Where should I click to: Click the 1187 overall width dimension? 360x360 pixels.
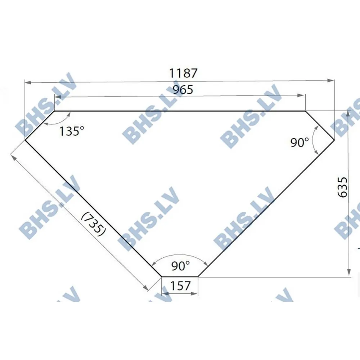(x=184, y=73)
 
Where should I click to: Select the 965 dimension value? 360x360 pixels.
(x=183, y=90)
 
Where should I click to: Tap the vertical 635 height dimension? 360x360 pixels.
(x=343, y=187)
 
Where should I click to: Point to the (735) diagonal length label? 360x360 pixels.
(x=93, y=223)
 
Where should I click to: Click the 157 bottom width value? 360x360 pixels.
(x=180, y=286)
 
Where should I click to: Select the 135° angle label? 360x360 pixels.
(x=72, y=131)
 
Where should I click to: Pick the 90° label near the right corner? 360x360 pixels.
(x=300, y=143)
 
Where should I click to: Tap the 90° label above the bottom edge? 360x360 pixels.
(x=180, y=266)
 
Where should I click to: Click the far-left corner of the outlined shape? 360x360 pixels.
(x=24, y=140)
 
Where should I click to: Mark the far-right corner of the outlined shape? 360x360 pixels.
(x=334, y=140)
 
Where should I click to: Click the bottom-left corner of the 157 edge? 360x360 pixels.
(x=162, y=276)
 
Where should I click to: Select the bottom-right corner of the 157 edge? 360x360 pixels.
(x=198, y=276)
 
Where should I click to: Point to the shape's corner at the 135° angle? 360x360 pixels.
(x=54, y=111)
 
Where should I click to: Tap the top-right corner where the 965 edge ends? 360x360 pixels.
(x=305, y=111)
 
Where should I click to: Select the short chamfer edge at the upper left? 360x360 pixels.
(x=39, y=125)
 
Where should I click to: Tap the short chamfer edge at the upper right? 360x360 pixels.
(x=320, y=125)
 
